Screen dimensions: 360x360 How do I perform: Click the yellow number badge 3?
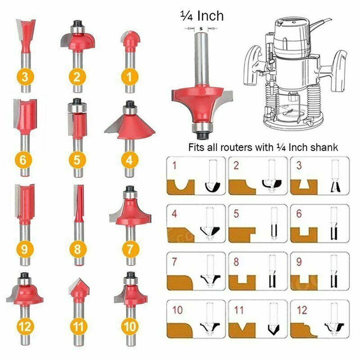coord(24,76)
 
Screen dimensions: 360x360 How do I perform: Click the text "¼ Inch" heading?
coord(202,16)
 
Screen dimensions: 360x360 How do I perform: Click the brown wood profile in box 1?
coord(180,184)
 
